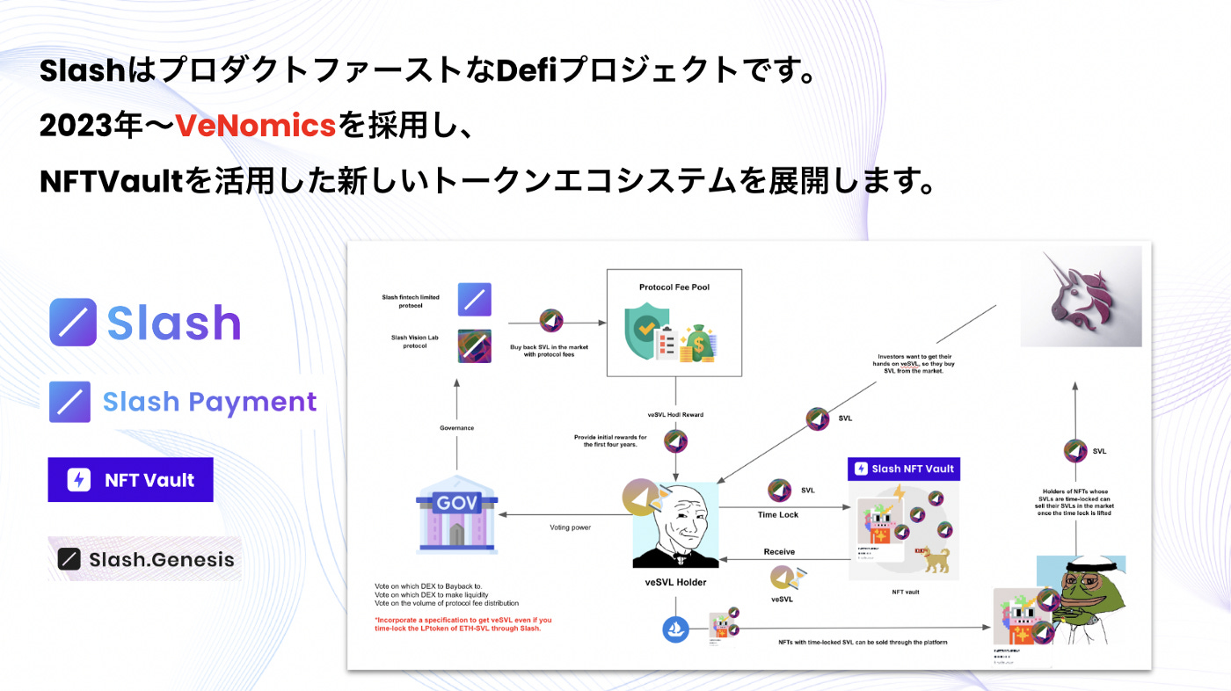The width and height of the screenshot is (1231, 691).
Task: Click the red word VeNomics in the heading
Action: (x=256, y=127)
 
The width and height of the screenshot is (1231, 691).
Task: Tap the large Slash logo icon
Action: (x=73, y=322)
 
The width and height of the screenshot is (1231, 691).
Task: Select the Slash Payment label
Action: (x=209, y=402)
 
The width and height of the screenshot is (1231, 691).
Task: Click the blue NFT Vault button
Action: (x=130, y=480)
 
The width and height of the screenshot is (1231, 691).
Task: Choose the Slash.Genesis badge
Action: (x=146, y=559)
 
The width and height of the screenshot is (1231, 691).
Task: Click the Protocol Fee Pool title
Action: (x=674, y=287)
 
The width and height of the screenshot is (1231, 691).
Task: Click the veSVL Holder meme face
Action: (x=675, y=526)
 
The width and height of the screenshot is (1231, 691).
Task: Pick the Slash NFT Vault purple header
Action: (x=904, y=469)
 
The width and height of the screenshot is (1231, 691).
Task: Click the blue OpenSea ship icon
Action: (x=676, y=629)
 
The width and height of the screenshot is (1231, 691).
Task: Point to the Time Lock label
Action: (x=778, y=514)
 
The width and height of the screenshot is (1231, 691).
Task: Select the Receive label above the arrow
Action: (x=778, y=551)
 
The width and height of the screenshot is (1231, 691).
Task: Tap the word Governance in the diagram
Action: (x=456, y=428)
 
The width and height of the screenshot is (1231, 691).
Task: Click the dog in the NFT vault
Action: (x=934, y=559)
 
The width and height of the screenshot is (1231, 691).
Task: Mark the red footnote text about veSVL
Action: (x=463, y=623)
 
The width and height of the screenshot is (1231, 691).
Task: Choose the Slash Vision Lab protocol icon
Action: (x=474, y=345)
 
